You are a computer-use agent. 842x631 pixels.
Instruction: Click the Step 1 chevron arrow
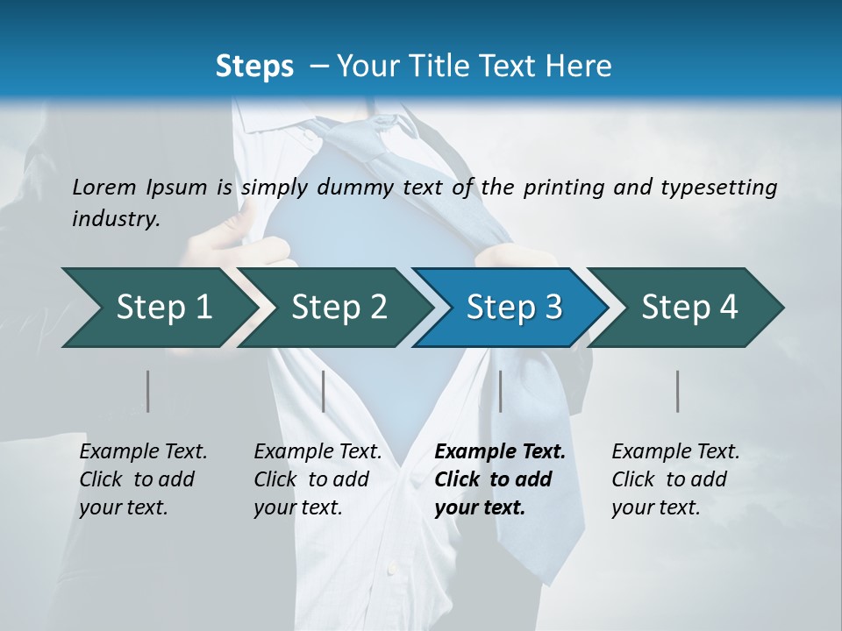(158, 308)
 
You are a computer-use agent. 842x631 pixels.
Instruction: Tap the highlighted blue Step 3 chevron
(513, 308)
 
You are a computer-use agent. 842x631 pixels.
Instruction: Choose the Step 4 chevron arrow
(689, 308)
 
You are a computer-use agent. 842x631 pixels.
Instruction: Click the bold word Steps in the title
(254, 67)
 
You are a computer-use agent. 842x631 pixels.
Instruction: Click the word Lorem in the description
(103, 187)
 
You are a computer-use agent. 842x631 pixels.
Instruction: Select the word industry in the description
(115, 219)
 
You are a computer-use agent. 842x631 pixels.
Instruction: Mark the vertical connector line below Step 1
(148, 391)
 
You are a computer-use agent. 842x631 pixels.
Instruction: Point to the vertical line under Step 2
(324, 391)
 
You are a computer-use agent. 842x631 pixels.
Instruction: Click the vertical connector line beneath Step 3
(500, 391)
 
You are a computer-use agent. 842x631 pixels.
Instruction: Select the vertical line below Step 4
(678, 391)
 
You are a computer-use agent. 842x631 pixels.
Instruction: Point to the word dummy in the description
(355, 187)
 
